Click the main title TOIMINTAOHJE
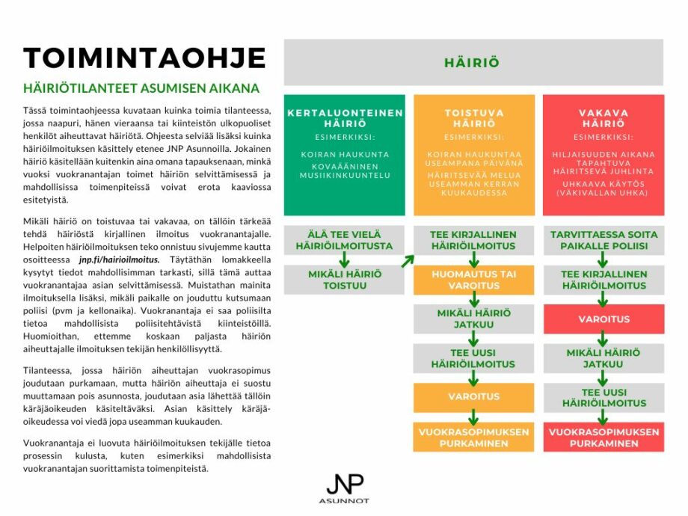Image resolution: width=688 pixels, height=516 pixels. point(145,58)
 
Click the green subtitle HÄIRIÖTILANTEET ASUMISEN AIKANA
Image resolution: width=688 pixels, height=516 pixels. point(141,88)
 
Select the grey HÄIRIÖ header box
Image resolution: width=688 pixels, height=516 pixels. point(473,63)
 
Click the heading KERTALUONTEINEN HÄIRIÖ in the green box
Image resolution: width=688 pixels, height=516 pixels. point(345,117)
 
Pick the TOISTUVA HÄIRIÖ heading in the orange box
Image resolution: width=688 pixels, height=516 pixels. point(474,117)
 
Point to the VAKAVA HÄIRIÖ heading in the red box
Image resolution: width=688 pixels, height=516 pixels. point(603,117)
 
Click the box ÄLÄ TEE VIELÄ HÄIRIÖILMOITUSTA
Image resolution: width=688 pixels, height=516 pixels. point(345,239)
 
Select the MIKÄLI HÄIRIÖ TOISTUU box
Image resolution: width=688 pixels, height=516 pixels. point(345,279)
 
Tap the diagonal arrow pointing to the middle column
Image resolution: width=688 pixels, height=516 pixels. point(407,260)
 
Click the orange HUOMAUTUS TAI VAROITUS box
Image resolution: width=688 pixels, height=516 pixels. point(474,279)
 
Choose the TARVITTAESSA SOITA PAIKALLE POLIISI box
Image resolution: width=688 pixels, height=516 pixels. point(603,239)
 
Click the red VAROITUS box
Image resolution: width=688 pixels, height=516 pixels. point(603,319)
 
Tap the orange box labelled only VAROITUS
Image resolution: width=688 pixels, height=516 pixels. point(474,396)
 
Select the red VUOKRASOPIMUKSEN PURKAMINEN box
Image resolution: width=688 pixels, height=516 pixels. point(603,437)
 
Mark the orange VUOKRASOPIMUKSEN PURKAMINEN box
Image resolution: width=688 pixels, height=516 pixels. point(474,437)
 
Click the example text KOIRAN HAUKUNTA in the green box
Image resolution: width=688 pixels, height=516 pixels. point(345,155)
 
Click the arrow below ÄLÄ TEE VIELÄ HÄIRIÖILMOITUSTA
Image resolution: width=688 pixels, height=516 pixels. point(345,259)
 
